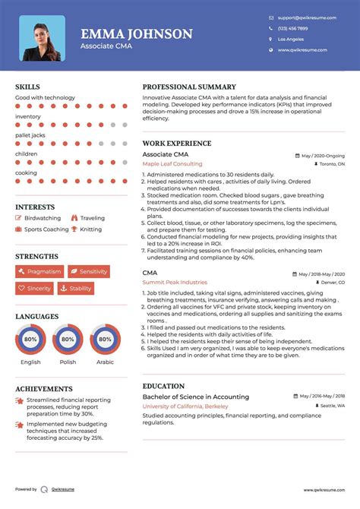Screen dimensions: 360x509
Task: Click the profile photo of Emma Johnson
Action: pos(42,38)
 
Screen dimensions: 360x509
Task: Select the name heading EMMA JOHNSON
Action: pos(137,33)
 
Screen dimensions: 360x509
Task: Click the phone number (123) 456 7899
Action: pos(293,27)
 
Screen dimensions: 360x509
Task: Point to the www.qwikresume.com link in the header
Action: pos(302,49)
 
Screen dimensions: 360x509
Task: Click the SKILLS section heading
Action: pos(28,87)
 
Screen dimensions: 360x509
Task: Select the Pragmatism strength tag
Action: pos(39,271)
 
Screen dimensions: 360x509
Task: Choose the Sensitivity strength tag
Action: pos(88,271)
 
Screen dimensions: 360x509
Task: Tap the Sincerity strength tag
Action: pos(35,289)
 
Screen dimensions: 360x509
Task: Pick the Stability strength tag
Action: pos(75,289)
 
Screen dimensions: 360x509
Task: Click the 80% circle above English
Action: pos(31,340)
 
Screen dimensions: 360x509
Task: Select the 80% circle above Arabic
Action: pos(105,340)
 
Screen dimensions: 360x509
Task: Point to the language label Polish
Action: pos(68,362)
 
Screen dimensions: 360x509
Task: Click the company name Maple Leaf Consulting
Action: pos(172,164)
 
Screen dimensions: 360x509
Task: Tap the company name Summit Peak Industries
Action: pos(175,283)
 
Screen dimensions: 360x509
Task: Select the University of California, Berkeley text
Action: pos(185,406)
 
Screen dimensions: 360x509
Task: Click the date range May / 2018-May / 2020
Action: pos(319,273)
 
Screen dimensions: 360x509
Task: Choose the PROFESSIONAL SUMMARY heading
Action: pos(189,87)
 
